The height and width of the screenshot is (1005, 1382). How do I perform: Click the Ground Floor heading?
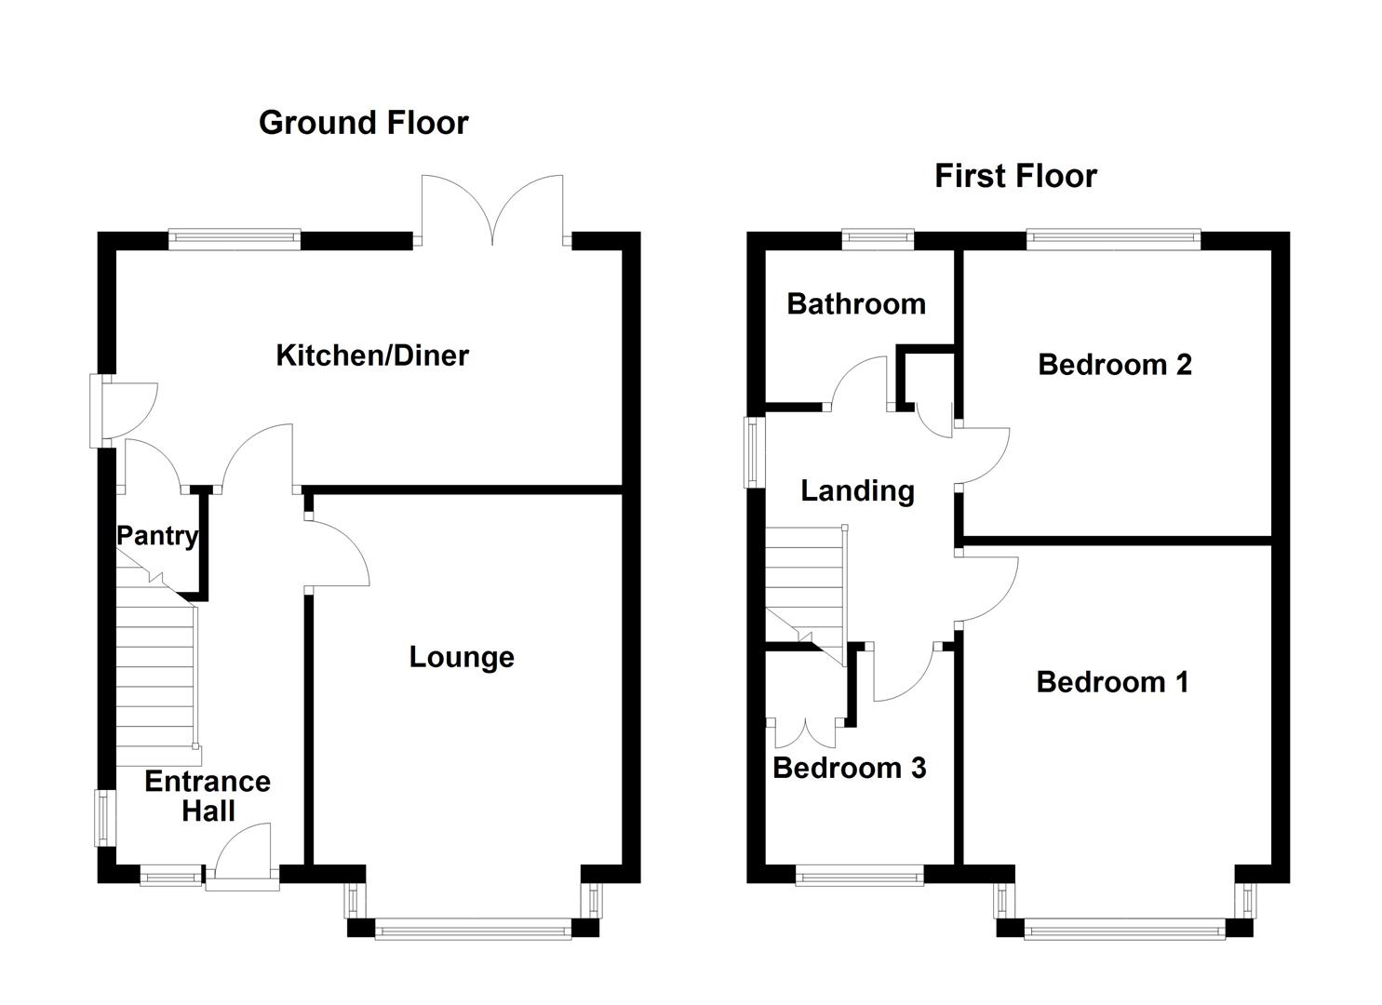(x=363, y=123)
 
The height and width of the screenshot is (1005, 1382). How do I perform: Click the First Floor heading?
(x=1015, y=176)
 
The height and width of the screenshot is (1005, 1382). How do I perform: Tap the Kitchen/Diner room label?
(x=372, y=355)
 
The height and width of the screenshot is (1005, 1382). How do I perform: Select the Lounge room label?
(x=462, y=657)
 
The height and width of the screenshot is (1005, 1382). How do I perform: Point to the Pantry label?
(x=156, y=535)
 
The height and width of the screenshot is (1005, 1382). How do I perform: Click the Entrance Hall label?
(x=208, y=796)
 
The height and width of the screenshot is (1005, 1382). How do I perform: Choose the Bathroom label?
(x=855, y=303)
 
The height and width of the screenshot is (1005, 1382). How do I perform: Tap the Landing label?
(x=857, y=490)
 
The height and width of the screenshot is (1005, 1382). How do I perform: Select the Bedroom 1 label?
(x=1112, y=682)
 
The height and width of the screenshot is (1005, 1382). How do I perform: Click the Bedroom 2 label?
(x=1114, y=364)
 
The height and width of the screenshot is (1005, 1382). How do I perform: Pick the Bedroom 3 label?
(x=849, y=768)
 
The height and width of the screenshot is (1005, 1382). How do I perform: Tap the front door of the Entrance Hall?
(x=242, y=856)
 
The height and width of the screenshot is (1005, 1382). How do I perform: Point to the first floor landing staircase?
(x=805, y=586)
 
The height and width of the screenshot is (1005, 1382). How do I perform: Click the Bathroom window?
(x=878, y=239)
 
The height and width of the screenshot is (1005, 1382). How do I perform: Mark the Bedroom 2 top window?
(x=1113, y=239)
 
